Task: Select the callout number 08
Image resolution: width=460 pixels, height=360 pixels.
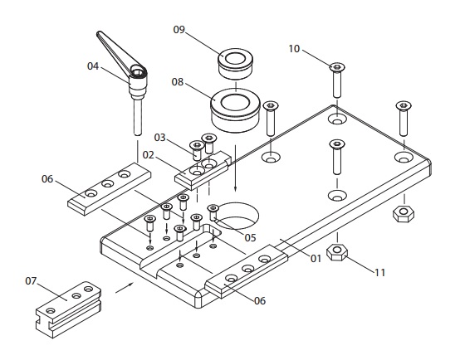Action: point(179,82)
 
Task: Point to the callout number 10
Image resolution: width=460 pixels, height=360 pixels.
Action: point(294,50)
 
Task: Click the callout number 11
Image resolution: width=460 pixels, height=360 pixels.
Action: point(379,270)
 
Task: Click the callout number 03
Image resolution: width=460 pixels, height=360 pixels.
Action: point(159,138)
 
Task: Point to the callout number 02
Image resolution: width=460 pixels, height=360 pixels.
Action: point(149,154)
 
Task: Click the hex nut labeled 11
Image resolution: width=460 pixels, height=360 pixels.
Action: point(336,252)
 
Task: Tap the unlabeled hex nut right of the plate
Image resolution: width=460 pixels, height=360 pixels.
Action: point(404,212)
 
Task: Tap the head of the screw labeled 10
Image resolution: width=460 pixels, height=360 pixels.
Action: point(336,66)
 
